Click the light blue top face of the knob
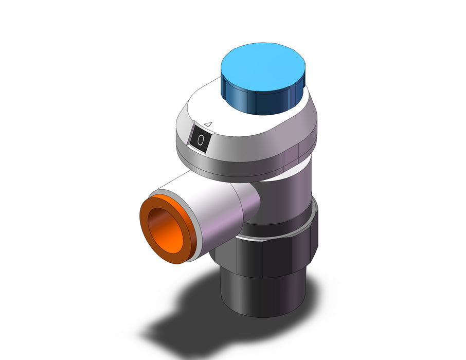coord(263,67)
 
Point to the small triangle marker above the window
coord(208,124)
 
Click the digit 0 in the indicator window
coord(201,140)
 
